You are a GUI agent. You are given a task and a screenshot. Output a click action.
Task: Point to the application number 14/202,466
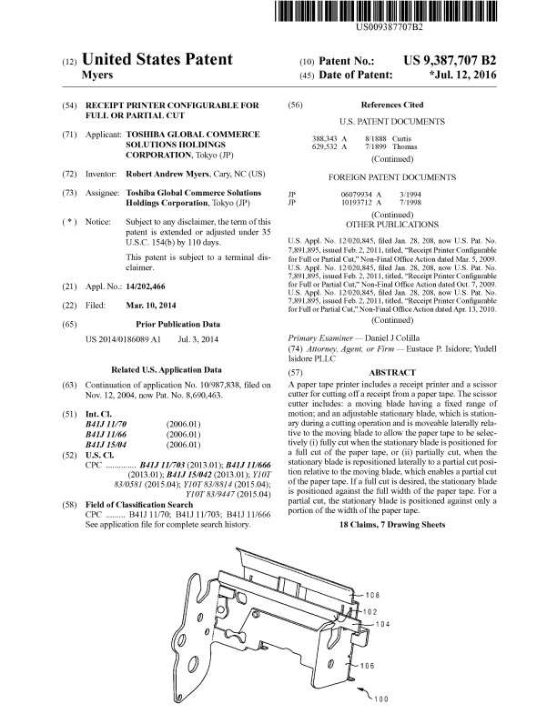(151, 286)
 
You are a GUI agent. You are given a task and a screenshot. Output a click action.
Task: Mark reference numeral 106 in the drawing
(367, 667)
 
